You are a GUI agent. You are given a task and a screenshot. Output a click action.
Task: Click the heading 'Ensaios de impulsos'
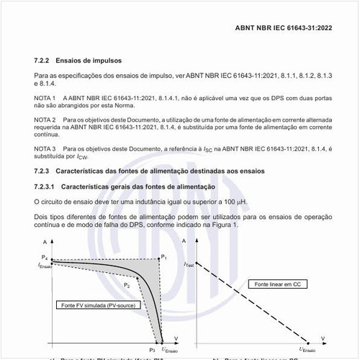point(91,60)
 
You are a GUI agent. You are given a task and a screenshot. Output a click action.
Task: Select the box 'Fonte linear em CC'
point(277,285)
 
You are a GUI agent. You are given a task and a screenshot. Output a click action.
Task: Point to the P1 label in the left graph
point(163,257)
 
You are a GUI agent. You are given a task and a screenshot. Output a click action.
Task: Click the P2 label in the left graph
point(127,286)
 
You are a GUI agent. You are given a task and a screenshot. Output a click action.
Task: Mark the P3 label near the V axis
point(152,349)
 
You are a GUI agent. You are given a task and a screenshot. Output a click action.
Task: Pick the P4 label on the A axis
point(44,258)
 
